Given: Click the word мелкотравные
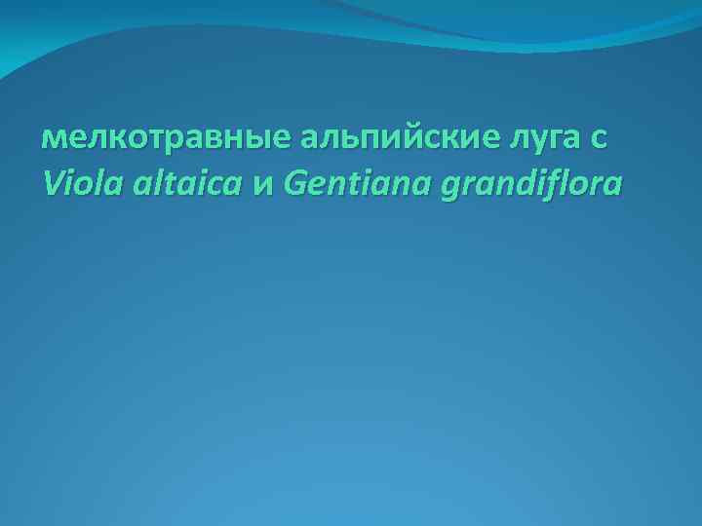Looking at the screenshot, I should (x=164, y=139).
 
